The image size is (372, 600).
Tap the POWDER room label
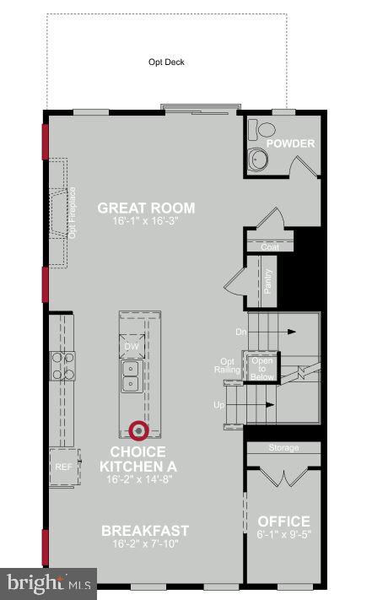tap(290, 143)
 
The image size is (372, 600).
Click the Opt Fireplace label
tap(73, 212)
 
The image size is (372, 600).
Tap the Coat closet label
tap(269, 246)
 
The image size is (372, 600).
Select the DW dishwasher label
tap(132, 346)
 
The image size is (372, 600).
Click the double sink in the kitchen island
tap(132, 376)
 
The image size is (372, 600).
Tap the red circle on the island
tap(139, 430)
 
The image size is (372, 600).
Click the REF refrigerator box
tap(62, 466)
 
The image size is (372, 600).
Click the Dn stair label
tap(240, 332)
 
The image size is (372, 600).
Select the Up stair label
tap(219, 405)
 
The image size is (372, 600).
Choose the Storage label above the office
tap(283, 447)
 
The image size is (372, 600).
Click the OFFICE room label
tap(283, 522)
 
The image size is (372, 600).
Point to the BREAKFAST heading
tap(145, 531)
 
